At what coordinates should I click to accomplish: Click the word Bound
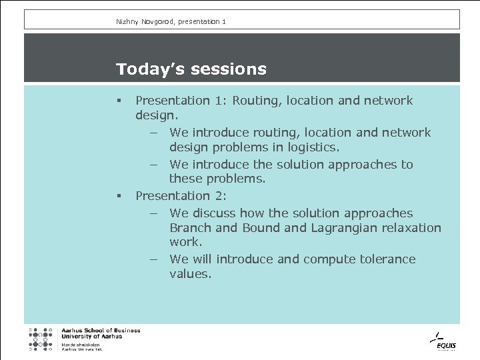pos(263,228)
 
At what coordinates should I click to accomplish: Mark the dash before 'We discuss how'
pos(153,214)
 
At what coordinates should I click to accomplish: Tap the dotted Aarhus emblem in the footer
pos(41,339)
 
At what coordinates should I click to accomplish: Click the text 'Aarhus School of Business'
pos(101,331)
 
